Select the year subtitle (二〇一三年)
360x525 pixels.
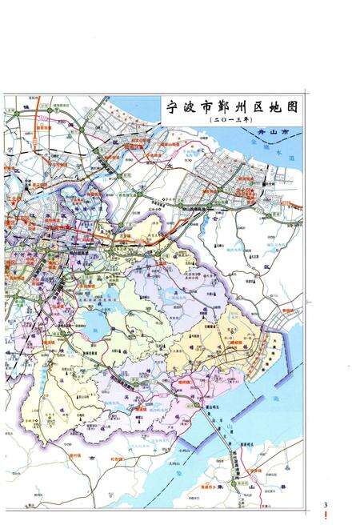point(228,119)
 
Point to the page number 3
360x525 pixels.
point(326,505)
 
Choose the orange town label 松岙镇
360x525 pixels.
point(142,408)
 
